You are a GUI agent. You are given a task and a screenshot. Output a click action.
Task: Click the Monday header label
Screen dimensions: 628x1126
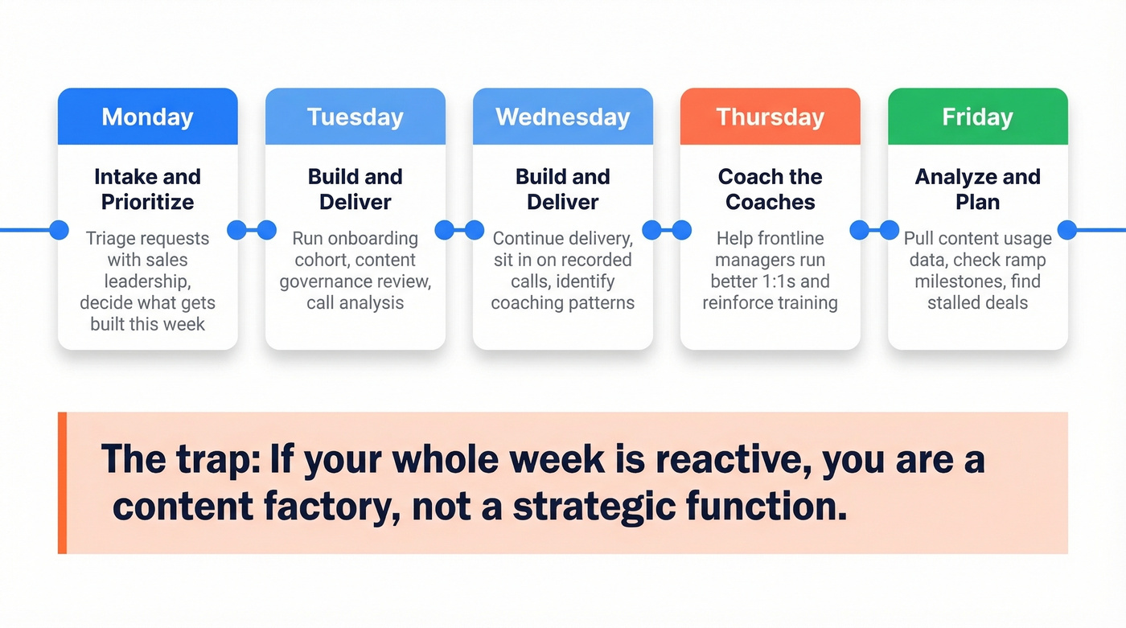147,117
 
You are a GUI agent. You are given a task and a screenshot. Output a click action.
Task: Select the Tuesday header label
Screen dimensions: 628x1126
355,117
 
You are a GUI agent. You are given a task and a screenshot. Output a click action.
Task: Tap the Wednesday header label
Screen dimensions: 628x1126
562,117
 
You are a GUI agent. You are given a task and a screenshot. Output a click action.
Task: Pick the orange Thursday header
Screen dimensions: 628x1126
770,117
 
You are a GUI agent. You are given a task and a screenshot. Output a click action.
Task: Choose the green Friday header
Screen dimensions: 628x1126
977,117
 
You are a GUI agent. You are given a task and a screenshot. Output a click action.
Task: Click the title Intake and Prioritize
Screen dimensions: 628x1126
147,189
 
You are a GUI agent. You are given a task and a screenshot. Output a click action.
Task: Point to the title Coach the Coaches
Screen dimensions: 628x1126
770,189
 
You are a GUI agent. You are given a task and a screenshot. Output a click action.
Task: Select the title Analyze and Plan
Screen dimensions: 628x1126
977,189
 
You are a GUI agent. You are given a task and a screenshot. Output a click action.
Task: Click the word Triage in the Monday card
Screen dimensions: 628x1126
110,239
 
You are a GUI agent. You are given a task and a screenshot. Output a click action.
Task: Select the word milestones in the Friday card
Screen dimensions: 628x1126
955,282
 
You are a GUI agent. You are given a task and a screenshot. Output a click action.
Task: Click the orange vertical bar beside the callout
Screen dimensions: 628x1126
62,483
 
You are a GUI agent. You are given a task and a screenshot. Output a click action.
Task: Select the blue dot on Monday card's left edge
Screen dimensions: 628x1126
59,230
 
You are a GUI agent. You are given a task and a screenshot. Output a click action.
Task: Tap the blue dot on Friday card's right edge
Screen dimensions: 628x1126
1066,230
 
